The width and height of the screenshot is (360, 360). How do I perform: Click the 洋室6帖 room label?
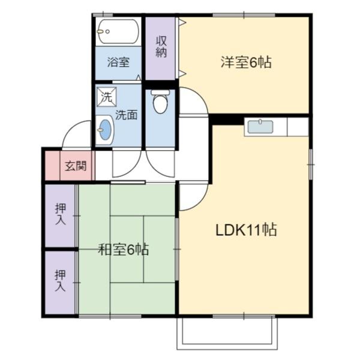point(246,62)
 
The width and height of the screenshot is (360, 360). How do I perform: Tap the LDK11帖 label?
point(246,230)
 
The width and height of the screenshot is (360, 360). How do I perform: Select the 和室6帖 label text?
point(124,250)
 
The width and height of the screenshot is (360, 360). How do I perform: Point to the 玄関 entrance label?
point(76,166)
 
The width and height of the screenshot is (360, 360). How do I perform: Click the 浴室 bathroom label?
point(118,61)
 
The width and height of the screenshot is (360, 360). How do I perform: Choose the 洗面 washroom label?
point(126,114)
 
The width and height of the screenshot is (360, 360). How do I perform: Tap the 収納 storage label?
point(161,47)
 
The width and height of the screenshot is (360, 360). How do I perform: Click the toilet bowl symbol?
point(160,103)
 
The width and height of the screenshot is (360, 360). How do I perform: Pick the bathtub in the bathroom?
point(118,31)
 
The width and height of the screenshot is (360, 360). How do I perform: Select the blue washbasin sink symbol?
point(106,130)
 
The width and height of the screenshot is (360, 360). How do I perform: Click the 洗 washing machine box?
point(107,96)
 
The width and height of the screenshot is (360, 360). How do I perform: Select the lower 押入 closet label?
point(60,281)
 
